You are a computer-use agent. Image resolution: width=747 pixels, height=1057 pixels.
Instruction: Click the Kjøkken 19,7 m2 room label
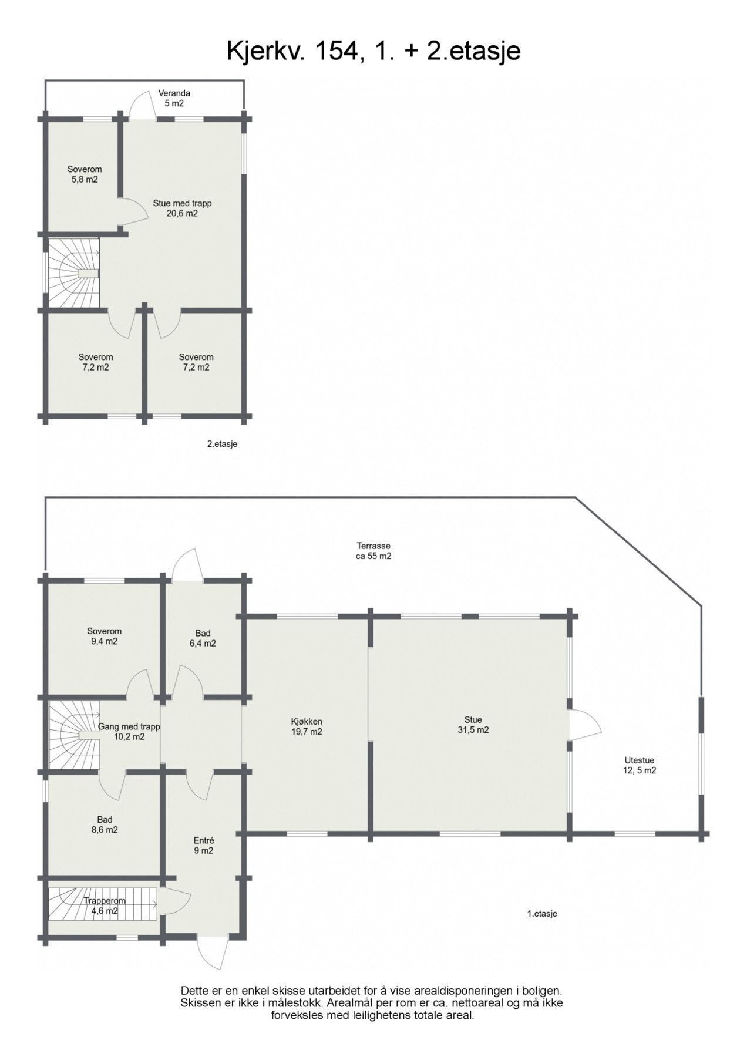click(306, 726)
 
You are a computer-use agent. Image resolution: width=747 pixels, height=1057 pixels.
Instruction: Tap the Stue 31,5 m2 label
click(473, 725)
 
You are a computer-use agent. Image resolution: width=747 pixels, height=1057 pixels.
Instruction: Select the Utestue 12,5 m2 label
click(639, 765)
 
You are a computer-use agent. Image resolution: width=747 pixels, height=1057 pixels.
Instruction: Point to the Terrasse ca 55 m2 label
click(373, 551)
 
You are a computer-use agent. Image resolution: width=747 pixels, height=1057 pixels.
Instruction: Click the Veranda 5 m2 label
click(174, 98)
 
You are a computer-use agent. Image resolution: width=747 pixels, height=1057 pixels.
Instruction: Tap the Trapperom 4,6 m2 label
click(104, 905)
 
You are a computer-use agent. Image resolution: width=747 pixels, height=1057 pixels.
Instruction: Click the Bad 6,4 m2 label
click(203, 638)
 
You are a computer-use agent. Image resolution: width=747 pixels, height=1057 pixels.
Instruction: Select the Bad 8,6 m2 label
click(105, 824)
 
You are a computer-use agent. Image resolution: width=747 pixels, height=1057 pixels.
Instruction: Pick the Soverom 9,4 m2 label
click(104, 636)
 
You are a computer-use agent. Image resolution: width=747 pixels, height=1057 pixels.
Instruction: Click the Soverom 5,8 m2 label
click(84, 174)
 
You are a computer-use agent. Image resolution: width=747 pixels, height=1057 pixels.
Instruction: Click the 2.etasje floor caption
click(222, 444)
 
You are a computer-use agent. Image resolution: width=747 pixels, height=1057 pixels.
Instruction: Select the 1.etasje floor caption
click(541, 913)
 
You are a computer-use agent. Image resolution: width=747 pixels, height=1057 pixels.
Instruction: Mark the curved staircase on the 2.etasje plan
click(75, 272)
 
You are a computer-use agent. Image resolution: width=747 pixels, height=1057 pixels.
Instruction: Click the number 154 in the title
click(336, 51)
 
